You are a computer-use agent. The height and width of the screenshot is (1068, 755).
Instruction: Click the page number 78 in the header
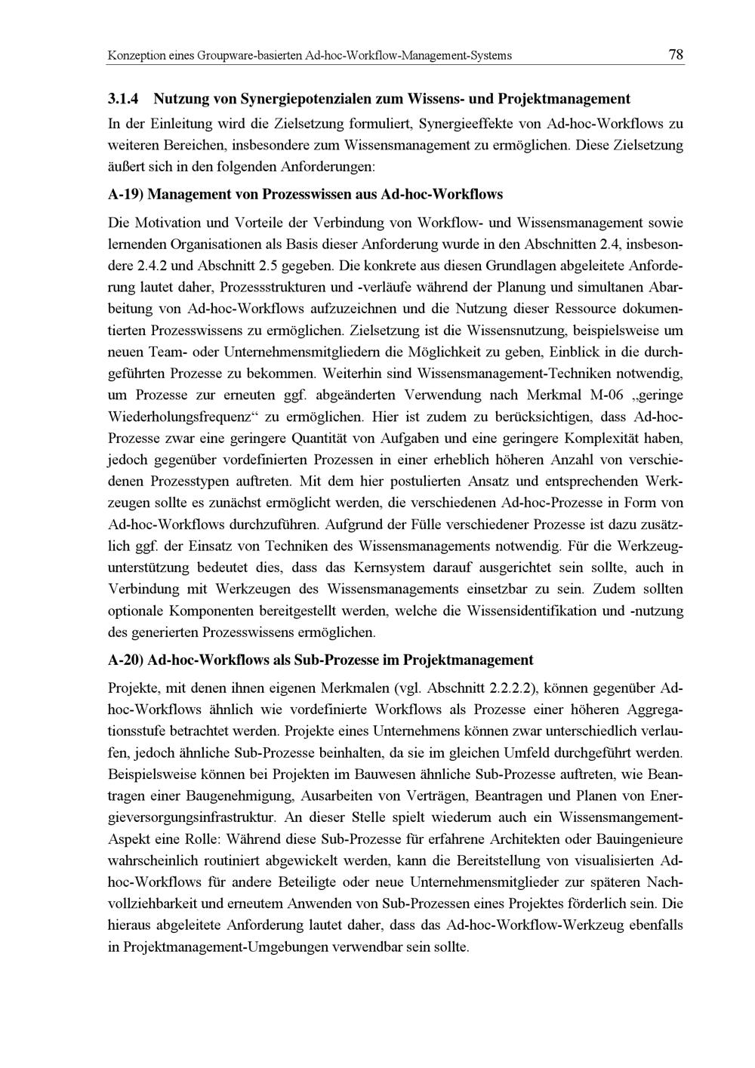pyautogui.click(x=676, y=54)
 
